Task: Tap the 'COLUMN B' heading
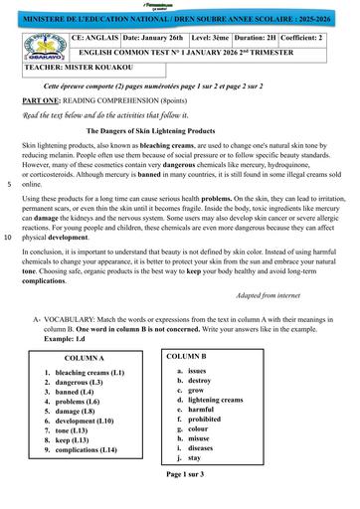(x=186, y=355)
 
